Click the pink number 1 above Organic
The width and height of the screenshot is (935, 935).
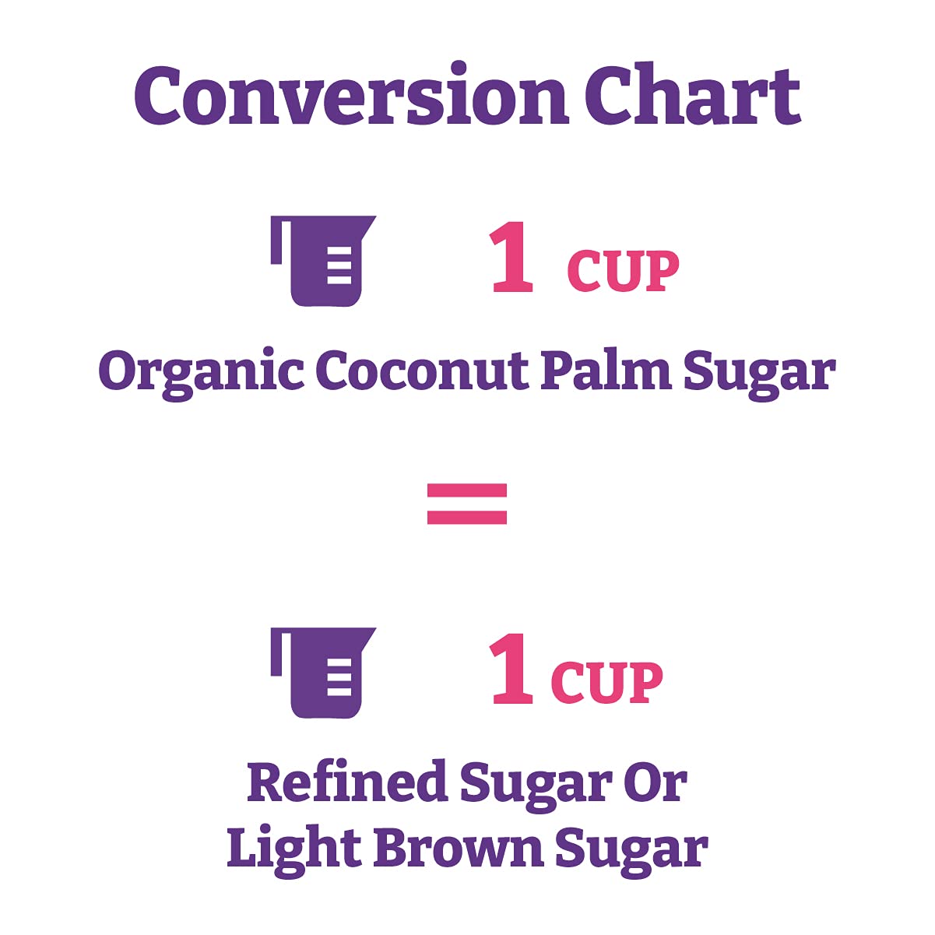(x=512, y=258)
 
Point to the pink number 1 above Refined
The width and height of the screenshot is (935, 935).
(x=512, y=670)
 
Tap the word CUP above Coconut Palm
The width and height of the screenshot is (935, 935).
(x=623, y=272)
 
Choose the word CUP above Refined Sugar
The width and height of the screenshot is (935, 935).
(x=606, y=683)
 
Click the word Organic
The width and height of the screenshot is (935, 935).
(x=201, y=372)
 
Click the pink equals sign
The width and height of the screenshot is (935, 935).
(x=467, y=504)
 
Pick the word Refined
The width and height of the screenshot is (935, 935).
(x=346, y=782)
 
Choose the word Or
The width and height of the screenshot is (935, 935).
(x=653, y=782)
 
